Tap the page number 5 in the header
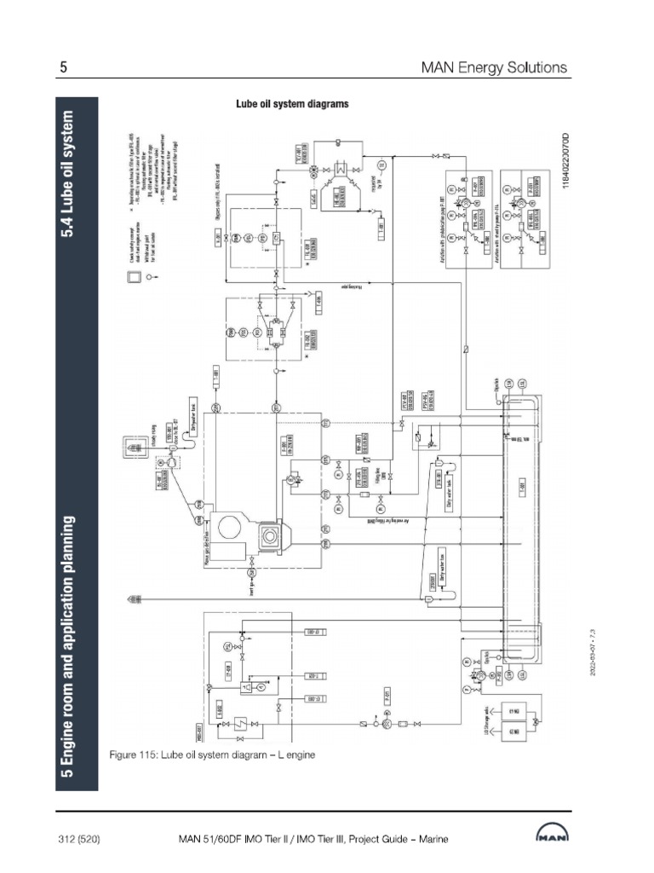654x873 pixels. click(x=63, y=66)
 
